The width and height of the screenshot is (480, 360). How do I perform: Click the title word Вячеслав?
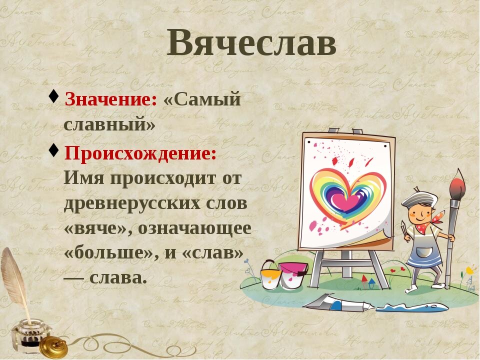click(x=251, y=42)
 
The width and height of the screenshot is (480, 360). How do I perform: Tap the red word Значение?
click(x=111, y=99)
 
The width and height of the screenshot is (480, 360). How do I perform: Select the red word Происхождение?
click(x=140, y=153)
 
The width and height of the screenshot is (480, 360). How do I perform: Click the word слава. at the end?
click(x=116, y=278)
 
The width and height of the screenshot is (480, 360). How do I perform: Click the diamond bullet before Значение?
click(x=53, y=96)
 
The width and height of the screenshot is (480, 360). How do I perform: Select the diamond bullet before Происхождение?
click(x=53, y=150)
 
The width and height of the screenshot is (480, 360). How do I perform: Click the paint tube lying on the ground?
click(x=339, y=303)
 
